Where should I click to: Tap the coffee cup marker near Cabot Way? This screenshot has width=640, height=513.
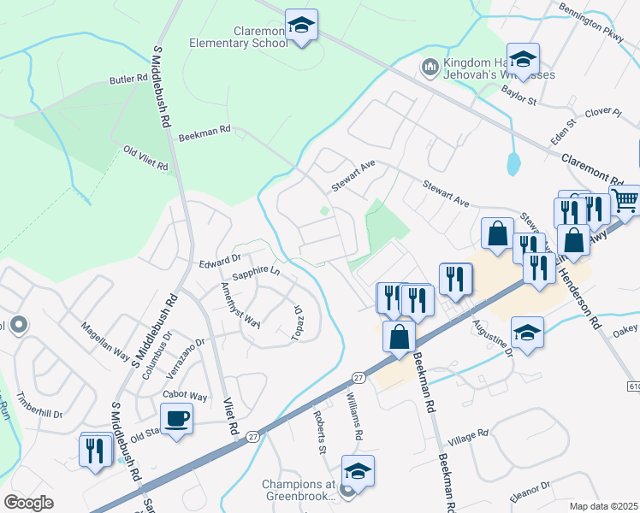point(176,419)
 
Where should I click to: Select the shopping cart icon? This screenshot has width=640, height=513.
point(625,201)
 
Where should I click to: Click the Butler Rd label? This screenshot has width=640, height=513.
point(129,80)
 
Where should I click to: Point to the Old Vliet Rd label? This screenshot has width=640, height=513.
point(145,159)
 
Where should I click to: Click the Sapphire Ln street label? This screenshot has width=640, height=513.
point(256,271)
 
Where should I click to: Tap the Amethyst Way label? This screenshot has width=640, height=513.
point(240,304)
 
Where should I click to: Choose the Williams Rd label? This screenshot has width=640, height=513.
point(354,416)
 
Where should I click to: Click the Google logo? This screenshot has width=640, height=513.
point(28,503)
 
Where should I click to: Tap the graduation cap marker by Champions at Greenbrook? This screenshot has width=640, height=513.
point(358,471)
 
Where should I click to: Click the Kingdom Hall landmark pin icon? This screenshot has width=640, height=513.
point(430,66)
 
